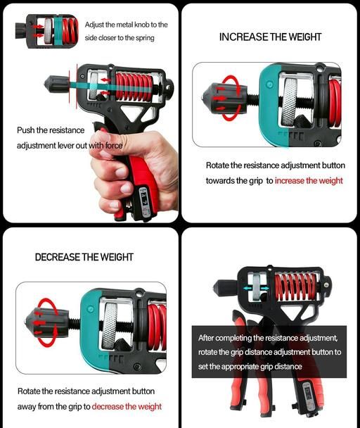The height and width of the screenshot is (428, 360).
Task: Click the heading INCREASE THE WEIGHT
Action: (270, 37)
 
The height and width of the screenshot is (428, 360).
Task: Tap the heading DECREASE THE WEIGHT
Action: (84, 257)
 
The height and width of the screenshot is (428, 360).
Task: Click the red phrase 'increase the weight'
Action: (309, 181)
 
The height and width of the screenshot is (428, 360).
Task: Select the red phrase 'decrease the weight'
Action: (127, 406)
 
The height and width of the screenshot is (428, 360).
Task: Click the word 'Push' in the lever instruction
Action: (26, 130)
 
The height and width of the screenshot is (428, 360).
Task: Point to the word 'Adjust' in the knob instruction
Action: (94, 25)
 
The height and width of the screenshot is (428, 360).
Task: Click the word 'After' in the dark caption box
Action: (206, 338)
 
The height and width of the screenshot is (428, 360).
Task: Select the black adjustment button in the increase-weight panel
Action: (224, 97)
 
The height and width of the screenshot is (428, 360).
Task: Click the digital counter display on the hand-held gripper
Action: (144, 199)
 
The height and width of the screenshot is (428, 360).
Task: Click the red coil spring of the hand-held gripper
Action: (134, 87)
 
